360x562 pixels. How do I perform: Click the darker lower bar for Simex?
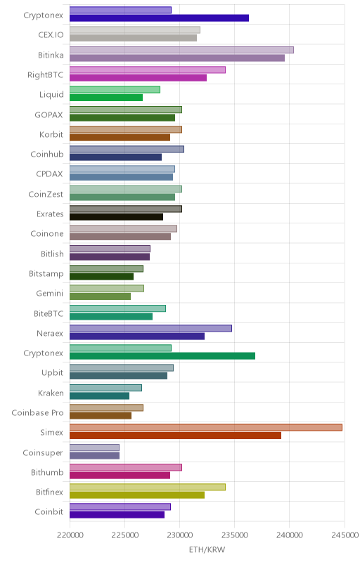coord(175,436)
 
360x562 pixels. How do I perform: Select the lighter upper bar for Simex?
coord(206,428)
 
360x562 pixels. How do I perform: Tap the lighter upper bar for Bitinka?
coord(181,50)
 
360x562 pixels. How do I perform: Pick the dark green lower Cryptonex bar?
coord(162,356)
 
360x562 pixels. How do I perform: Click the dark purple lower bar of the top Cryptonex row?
coord(159,18)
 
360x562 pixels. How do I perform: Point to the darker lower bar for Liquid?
coord(106,98)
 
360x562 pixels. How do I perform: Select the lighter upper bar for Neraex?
coord(150,328)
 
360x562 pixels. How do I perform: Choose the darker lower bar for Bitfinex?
coord(137,495)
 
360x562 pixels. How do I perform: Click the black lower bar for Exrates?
coord(116,217)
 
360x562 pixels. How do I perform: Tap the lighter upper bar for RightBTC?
coord(148,70)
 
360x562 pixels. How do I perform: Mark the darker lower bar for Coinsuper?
coord(94,455)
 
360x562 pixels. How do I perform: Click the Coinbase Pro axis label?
coord(37,413)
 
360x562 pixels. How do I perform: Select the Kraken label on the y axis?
coord(51,393)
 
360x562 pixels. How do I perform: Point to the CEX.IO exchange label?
coord(51,34)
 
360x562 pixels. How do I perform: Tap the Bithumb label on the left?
coord(47,472)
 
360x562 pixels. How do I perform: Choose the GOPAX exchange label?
coord(49,115)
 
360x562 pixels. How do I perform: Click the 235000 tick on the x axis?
coord(235,535)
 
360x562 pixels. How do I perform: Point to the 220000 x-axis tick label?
coord(70,535)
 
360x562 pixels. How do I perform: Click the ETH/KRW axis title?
coord(207,549)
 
